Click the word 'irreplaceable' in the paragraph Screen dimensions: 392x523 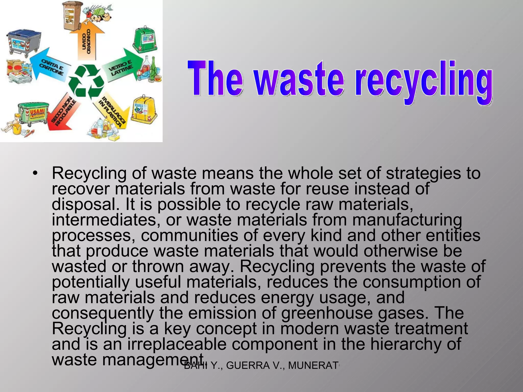click(177, 344)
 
